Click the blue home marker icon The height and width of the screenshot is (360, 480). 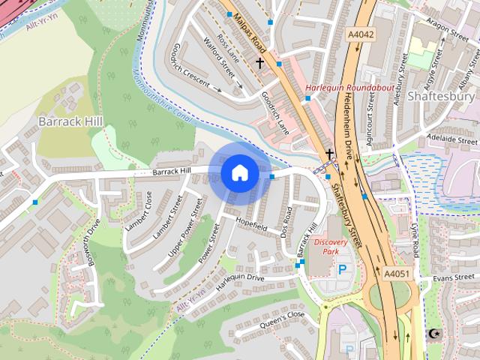click(239, 173)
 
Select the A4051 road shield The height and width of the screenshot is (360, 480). click(397, 274)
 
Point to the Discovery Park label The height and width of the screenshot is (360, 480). click(331, 247)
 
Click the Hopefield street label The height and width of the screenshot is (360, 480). click(251, 223)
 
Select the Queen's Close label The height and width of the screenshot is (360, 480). click(283, 319)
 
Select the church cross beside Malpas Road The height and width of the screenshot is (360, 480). click(260, 64)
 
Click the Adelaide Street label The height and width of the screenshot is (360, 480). click(451, 140)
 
